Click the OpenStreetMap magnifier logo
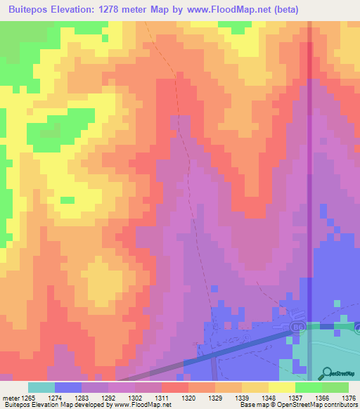(x=328, y=373)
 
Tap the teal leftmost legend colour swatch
(x=41, y=388)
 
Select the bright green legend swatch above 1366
(x=308, y=388)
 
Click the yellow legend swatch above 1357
(x=281, y=388)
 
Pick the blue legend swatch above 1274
(x=68, y=388)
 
